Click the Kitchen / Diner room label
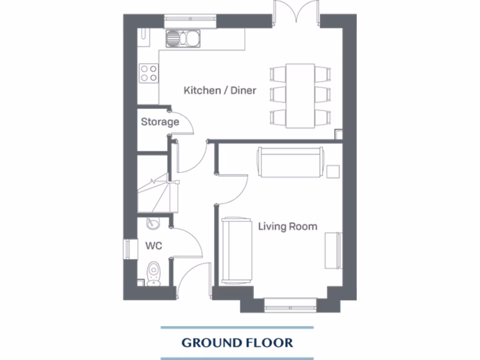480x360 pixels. coord(220,90)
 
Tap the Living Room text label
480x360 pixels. coord(287,227)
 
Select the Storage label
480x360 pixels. coord(160,122)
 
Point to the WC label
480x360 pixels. coord(153,246)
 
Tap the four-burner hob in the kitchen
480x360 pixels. coord(149,73)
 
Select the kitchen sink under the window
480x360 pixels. coord(183,37)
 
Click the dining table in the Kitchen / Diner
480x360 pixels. coord(300,96)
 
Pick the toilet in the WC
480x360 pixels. coord(153,274)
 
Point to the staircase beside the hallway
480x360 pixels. coord(153,192)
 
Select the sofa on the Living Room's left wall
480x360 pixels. coord(237,251)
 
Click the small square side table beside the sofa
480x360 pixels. coord(333,171)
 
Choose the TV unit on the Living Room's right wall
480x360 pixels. coord(333,250)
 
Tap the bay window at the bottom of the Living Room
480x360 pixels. coord(291,307)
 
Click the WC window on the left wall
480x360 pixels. coord(126,249)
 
